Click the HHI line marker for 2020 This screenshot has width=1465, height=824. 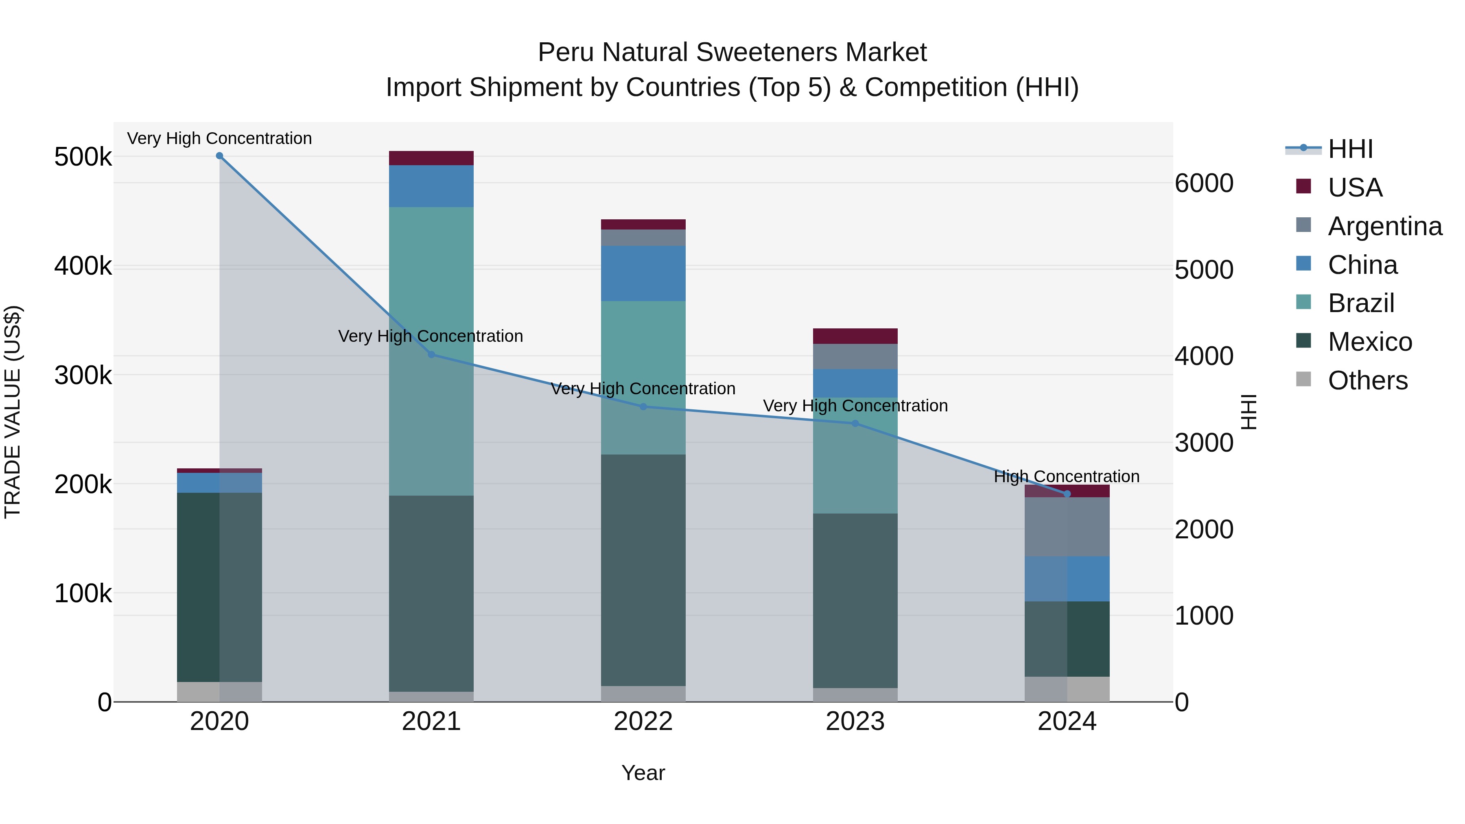[219, 156]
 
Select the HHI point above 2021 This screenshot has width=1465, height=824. [431, 354]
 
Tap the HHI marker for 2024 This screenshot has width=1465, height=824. [1067, 494]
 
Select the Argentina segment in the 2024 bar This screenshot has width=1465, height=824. [1067, 527]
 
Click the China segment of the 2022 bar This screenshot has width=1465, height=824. [643, 273]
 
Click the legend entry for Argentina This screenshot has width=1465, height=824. [1384, 226]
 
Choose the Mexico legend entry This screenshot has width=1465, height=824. [1369, 342]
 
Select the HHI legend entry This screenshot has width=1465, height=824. [1350, 149]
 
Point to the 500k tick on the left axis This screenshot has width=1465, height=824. [83, 157]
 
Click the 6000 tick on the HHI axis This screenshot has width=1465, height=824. [1204, 183]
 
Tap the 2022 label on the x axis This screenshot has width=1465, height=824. [643, 721]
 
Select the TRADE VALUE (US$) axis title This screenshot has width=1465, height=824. [13, 412]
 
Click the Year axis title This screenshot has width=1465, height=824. [643, 773]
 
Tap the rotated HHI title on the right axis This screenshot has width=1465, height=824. [1249, 412]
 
